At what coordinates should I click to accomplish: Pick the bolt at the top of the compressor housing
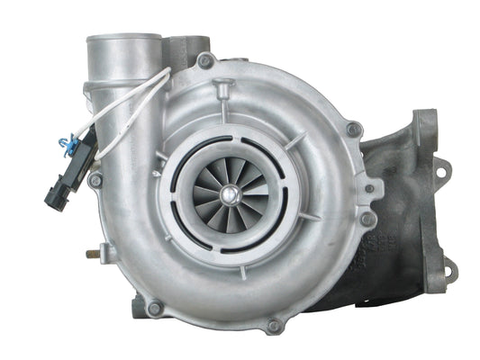[206, 60]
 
